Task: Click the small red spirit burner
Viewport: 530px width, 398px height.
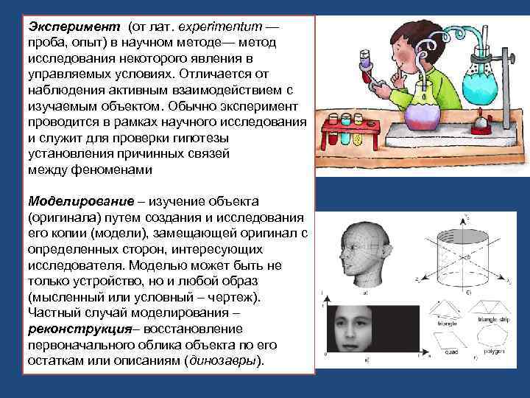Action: click(x=480, y=121)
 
